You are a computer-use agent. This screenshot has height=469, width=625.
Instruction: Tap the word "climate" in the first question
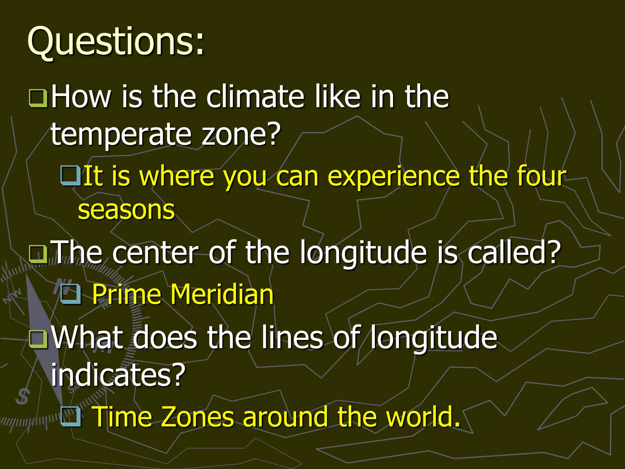[x=255, y=97]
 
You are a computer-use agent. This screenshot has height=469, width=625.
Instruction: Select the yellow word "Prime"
[x=126, y=294]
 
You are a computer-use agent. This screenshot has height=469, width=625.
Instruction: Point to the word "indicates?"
[x=118, y=375]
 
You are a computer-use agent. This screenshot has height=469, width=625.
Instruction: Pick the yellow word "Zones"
[x=197, y=417]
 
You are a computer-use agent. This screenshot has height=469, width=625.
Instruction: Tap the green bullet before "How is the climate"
[x=38, y=98]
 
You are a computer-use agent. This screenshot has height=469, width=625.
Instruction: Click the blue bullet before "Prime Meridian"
[x=71, y=294]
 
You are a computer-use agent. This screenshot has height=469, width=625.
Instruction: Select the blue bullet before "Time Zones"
[x=71, y=416]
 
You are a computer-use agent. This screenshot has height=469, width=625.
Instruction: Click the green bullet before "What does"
[x=38, y=339]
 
